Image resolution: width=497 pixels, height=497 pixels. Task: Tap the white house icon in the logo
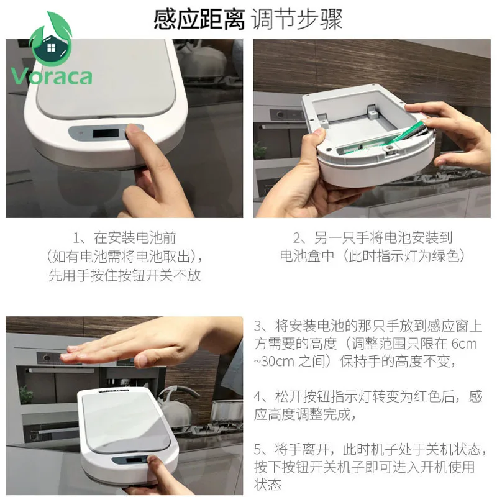(x=50, y=48)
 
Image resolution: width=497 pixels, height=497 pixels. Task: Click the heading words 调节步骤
(x=298, y=19)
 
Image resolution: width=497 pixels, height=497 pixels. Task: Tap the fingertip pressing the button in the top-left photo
(x=132, y=132)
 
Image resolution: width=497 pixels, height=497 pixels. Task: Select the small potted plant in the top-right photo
(x=260, y=152)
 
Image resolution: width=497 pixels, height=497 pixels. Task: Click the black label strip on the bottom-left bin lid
(x=106, y=392)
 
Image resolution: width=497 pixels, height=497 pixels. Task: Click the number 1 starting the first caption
(x=77, y=238)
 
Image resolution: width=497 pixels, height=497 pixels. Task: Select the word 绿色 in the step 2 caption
(x=442, y=256)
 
